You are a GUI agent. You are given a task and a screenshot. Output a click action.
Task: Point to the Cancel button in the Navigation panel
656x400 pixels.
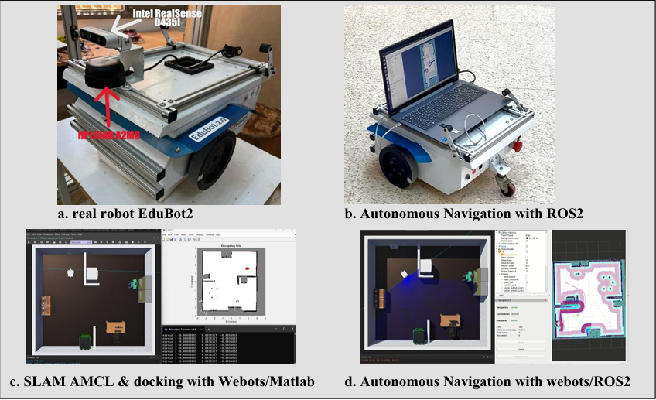click(x=521, y=349)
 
